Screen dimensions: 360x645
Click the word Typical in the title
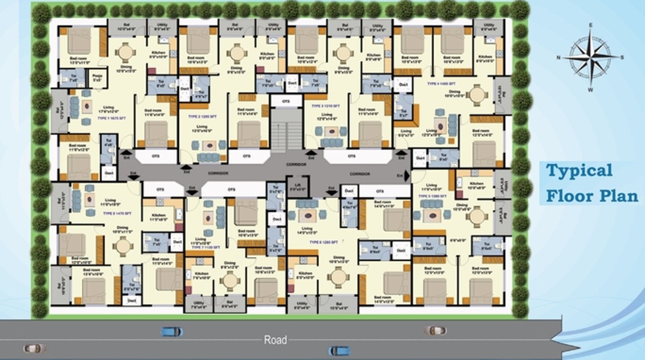(x=579, y=171)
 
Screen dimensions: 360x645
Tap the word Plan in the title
(x=617, y=195)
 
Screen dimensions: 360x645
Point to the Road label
(x=275, y=340)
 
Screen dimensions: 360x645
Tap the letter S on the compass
(x=622, y=57)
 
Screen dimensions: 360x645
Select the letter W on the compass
(x=590, y=90)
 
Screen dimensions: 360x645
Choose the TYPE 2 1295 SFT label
(x=202, y=116)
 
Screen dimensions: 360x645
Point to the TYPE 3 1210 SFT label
(x=325, y=106)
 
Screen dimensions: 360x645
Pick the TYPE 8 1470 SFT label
(x=117, y=213)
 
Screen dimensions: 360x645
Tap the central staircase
(x=286, y=129)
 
